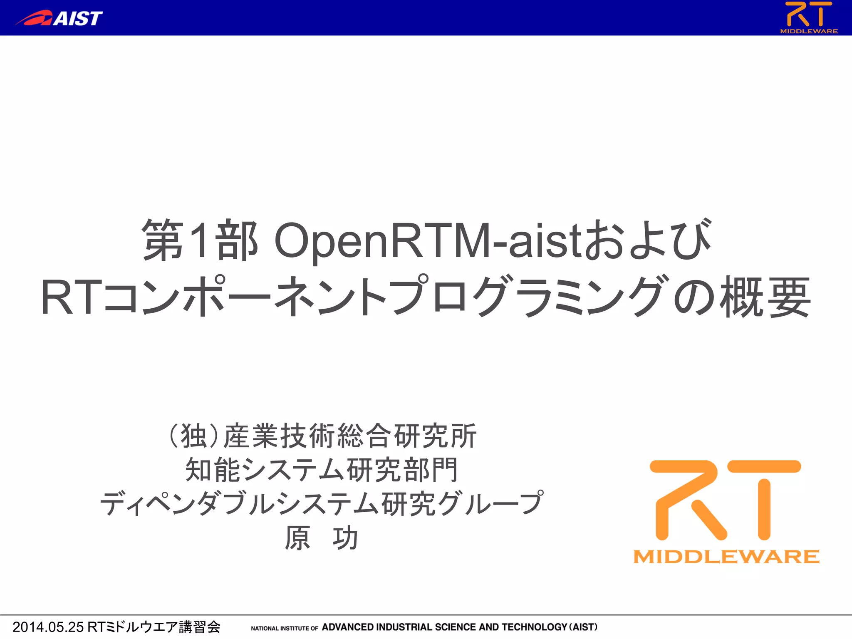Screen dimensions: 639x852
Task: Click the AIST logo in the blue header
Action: [x=59, y=18]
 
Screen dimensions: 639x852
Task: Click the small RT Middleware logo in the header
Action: [x=809, y=17]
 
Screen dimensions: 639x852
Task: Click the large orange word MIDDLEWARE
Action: [x=726, y=557]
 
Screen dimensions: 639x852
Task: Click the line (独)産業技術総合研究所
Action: [x=322, y=436]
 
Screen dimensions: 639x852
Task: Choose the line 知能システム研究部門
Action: [x=322, y=470]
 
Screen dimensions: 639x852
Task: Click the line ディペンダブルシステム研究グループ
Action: [x=322, y=503]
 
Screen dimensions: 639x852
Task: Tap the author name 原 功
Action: [x=321, y=537]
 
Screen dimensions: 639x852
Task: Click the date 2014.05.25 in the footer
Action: [x=48, y=627]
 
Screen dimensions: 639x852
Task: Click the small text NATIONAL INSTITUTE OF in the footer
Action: [x=284, y=628]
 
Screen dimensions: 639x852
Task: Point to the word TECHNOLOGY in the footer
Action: [x=534, y=627]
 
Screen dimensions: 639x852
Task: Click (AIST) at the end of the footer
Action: [x=583, y=627]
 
